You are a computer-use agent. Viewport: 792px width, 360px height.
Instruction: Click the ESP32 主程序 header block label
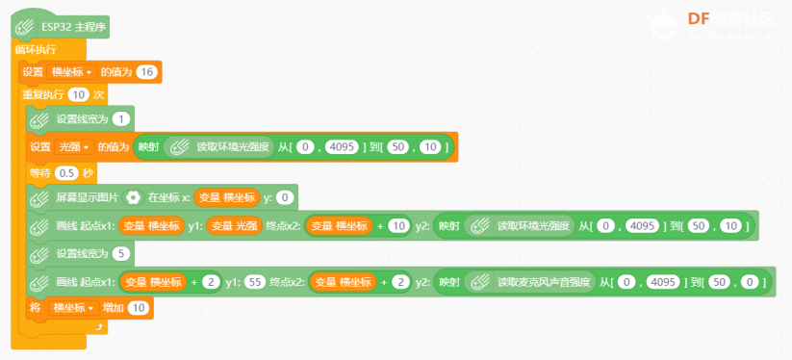pyautogui.click(x=75, y=27)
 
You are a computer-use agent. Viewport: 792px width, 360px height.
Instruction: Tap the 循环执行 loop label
pyautogui.click(x=36, y=49)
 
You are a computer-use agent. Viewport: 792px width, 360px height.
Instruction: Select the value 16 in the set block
pyautogui.click(x=147, y=72)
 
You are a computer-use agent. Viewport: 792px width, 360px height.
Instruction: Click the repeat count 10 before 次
pyautogui.click(x=78, y=94)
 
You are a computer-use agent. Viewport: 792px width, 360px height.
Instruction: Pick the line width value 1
pyautogui.click(x=121, y=119)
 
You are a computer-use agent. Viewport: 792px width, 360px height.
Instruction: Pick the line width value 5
pyautogui.click(x=121, y=254)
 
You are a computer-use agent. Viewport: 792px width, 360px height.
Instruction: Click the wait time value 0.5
pyautogui.click(x=66, y=173)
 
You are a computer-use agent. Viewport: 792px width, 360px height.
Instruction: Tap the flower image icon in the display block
pyautogui.click(x=134, y=198)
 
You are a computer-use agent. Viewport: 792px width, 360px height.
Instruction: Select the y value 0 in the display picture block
pyautogui.click(x=285, y=198)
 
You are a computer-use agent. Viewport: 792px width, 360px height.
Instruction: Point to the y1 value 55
pyautogui.click(x=256, y=282)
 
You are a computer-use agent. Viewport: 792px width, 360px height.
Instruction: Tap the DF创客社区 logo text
pyautogui.click(x=730, y=19)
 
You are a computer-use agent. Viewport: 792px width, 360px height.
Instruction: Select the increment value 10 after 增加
pyautogui.click(x=139, y=307)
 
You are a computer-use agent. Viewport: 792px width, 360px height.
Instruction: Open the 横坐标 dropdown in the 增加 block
pyautogui.click(x=73, y=307)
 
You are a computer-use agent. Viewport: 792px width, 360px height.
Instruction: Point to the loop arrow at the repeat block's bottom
pyautogui.click(x=99, y=328)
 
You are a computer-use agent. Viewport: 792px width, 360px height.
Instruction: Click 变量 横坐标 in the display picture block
pyautogui.click(x=226, y=198)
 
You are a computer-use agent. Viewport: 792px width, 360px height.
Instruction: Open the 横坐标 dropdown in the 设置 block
pyautogui.click(x=71, y=72)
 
